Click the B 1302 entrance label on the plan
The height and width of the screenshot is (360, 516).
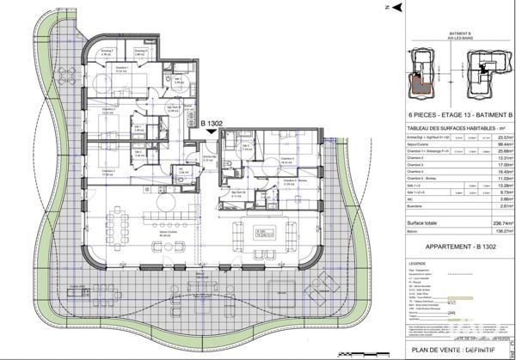(x=212, y=124)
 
